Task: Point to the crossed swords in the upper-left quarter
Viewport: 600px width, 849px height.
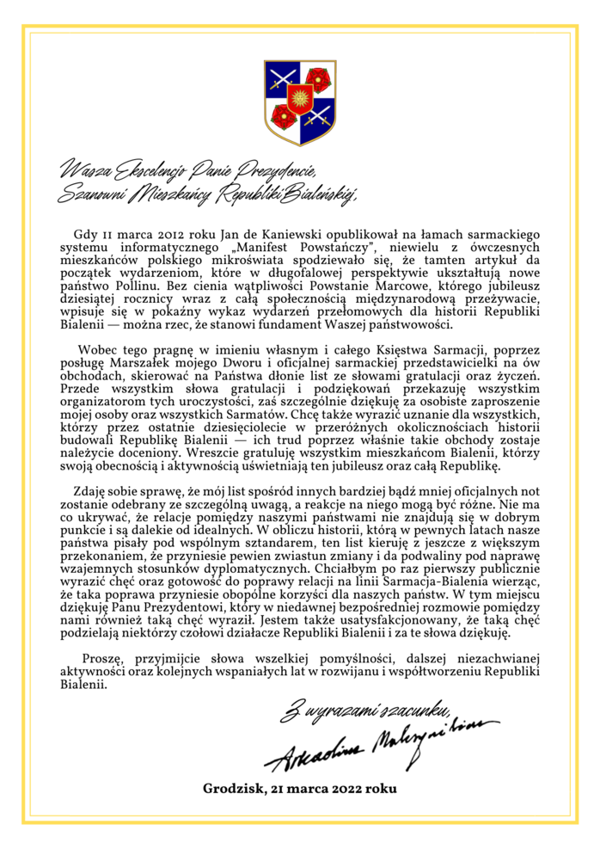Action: click(281, 83)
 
